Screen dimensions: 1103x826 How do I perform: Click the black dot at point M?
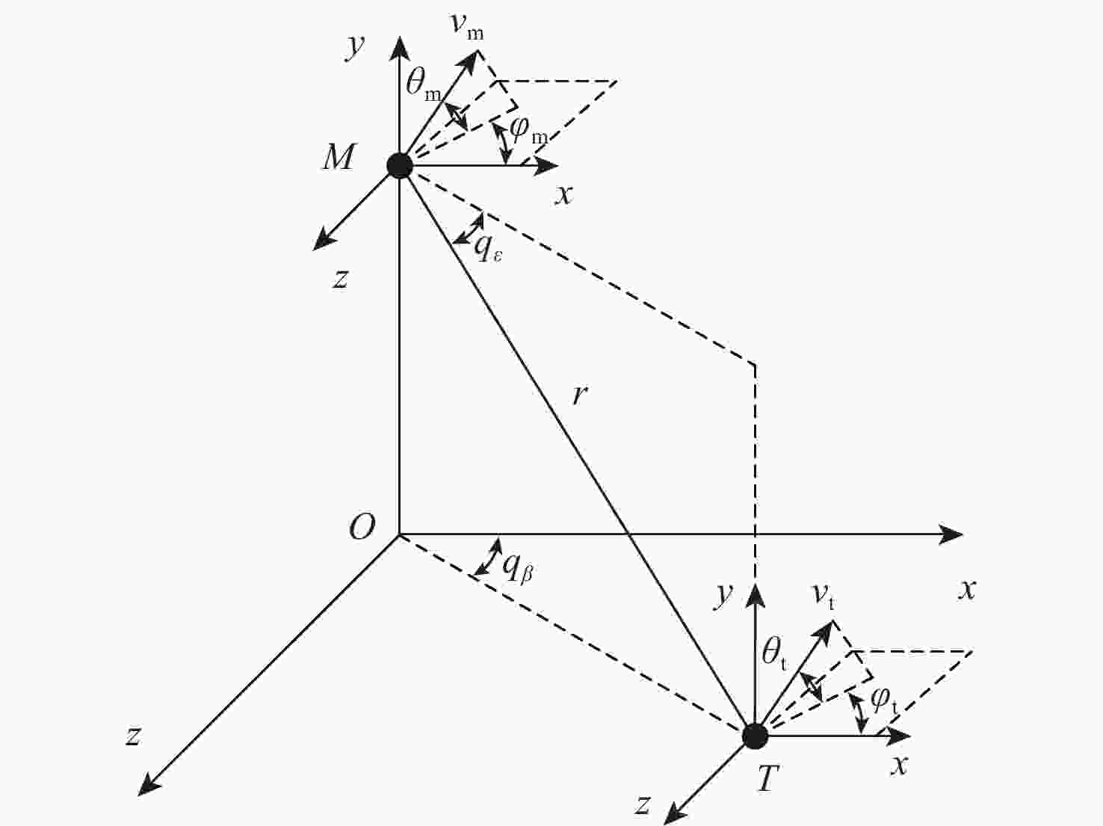(x=400, y=165)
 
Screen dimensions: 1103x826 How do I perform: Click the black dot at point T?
(x=756, y=736)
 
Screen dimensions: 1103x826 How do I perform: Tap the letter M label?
(x=339, y=157)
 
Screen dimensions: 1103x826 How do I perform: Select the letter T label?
(x=768, y=780)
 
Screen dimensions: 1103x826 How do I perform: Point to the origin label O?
(x=362, y=527)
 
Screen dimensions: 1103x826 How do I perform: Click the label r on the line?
(x=579, y=395)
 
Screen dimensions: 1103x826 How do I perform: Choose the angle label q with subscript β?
(x=518, y=570)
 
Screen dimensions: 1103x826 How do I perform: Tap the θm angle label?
(x=424, y=85)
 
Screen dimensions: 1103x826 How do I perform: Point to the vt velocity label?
(x=824, y=598)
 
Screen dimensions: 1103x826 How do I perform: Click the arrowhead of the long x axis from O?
(x=951, y=534)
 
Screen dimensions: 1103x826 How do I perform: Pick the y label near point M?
(x=355, y=47)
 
